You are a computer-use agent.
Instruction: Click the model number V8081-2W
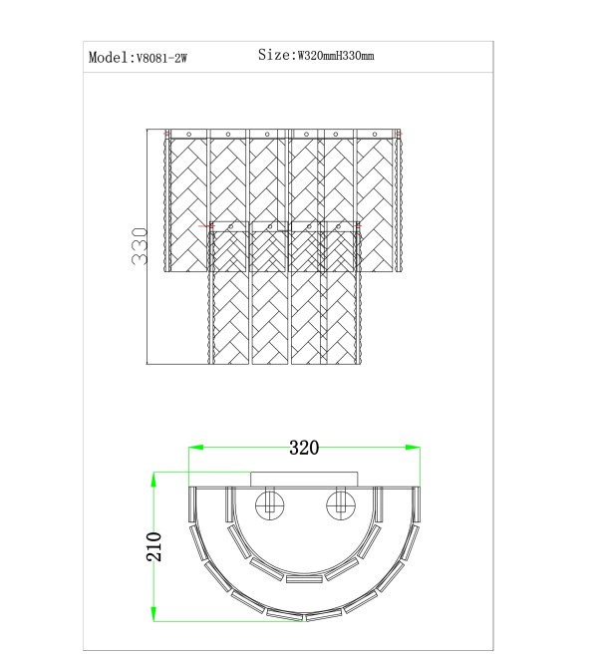[x=161, y=58]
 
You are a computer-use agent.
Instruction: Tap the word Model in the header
[x=108, y=57]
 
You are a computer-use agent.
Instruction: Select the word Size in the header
[x=274, y=55]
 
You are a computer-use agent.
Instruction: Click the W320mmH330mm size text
[x=336, y=56]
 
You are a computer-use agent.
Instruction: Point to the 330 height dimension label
[x=140, y=246]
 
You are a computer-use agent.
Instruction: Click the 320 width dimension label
[x=304, y=448]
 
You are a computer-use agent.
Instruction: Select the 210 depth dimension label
[x=154, y=546]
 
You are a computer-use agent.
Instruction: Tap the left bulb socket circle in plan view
[x=270, y=504]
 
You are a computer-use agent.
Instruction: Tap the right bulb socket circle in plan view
[x=340, y=504]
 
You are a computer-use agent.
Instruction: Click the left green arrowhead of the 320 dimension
[x=195, y=448]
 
